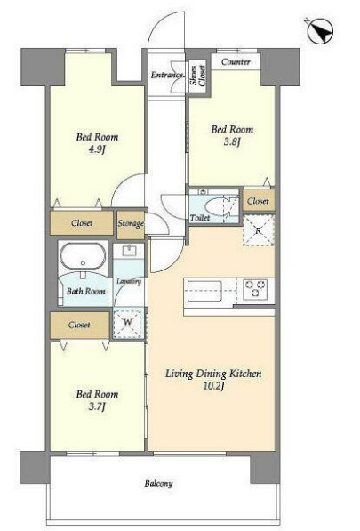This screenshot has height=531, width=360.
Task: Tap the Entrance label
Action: click(x=167, y=75)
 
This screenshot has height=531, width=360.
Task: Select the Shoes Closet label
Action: click(x=198, y=76)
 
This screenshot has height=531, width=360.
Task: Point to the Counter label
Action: click(x=236, y=62)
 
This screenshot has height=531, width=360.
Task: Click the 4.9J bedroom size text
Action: click(x=97, y=149)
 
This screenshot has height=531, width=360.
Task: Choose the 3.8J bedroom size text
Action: click(x=232, y=141)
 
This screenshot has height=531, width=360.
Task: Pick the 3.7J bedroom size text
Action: click(x=97, y=406)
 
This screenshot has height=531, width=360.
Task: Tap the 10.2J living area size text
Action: click(x=213, y=386)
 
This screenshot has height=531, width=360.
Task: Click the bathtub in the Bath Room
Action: click(x=83, y=256)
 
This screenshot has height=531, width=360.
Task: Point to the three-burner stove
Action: click(x=255, y=289)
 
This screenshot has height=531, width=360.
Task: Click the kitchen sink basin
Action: click(x=204, y=291)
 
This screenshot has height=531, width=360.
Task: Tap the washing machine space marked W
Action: click(x=128, y=322)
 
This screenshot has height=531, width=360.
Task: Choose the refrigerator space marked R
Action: click(x=258, y=230)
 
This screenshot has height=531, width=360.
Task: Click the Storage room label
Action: click(x=131, y=223)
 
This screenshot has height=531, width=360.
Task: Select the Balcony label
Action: click(x=159, y=484)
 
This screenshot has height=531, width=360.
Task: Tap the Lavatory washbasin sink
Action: click(x=129, y=251)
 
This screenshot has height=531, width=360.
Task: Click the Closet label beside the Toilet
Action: click(x=258, y=201)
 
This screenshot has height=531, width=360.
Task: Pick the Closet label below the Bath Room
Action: click(x=79, y=325)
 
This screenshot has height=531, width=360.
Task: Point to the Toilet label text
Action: click(x=200, y=218)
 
